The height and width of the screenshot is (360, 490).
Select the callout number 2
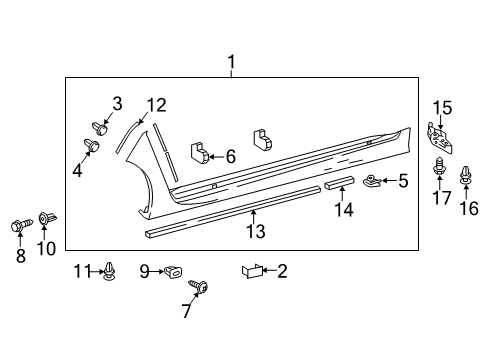(282, 270)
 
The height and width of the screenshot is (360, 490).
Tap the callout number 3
(117, 103)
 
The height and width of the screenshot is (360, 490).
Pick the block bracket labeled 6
(200, 152)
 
